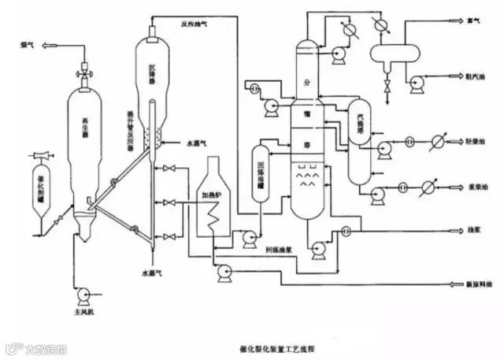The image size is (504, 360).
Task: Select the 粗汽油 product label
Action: click(x=476, y=78)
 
